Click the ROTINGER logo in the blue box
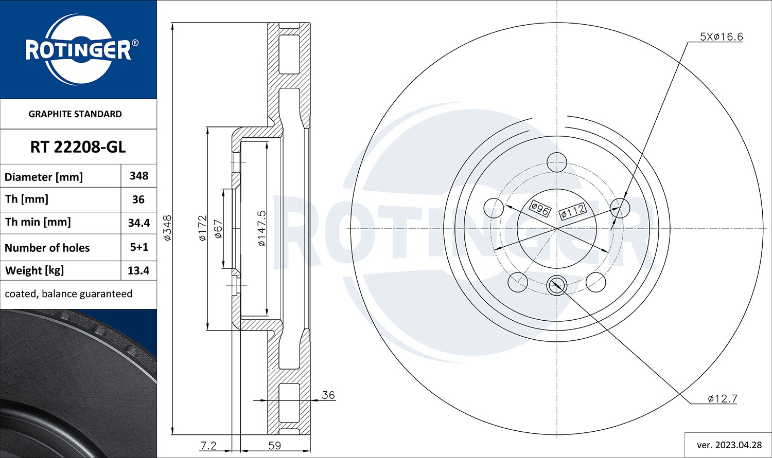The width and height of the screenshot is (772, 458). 78,50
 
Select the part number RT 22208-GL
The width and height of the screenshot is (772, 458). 78,147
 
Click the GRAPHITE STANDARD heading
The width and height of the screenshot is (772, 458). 75,114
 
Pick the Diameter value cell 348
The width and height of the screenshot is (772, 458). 139,176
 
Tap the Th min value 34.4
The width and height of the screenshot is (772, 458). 139,223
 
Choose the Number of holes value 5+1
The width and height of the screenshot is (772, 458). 139,247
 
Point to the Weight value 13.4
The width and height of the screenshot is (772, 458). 139,270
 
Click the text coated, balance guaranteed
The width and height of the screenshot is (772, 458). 68,294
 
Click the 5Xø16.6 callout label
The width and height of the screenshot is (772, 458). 721,36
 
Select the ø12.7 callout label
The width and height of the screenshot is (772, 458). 722,398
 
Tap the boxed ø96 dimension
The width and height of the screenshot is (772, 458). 540,209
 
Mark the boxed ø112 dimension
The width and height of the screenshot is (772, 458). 572,211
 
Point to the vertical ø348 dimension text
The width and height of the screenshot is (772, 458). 167,228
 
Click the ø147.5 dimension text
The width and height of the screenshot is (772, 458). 261,228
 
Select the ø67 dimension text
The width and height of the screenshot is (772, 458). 218,229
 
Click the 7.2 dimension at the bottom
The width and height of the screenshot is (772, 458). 208,446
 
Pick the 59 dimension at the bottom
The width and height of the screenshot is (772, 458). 275,446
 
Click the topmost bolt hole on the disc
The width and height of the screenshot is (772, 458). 556,162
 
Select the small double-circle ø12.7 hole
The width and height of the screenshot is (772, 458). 556,284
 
